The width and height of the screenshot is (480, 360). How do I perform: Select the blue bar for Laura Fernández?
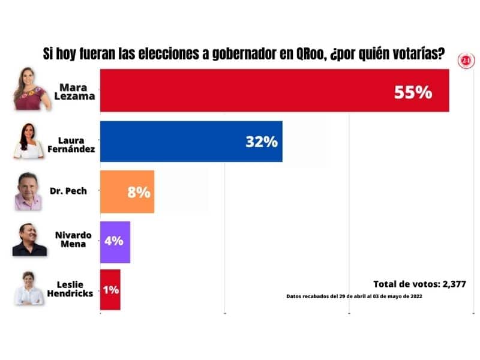[180, 142]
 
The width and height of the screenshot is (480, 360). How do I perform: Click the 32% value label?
[261, 142]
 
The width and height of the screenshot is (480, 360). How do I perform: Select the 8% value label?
[138, 193]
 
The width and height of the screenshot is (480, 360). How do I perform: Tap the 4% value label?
[113, 241]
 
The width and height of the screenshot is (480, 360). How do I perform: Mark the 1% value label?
[110, 290]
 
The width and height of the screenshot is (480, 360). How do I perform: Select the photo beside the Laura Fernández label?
[29, 142]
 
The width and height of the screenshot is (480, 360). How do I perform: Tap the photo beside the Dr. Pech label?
[29, 191]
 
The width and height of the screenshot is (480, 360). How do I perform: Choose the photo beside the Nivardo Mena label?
[29, 240]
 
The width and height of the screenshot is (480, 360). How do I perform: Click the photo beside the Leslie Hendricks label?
[29, 289]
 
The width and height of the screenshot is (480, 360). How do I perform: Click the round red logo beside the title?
[466, 60]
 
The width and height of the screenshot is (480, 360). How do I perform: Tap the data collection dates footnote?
[355, 297]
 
